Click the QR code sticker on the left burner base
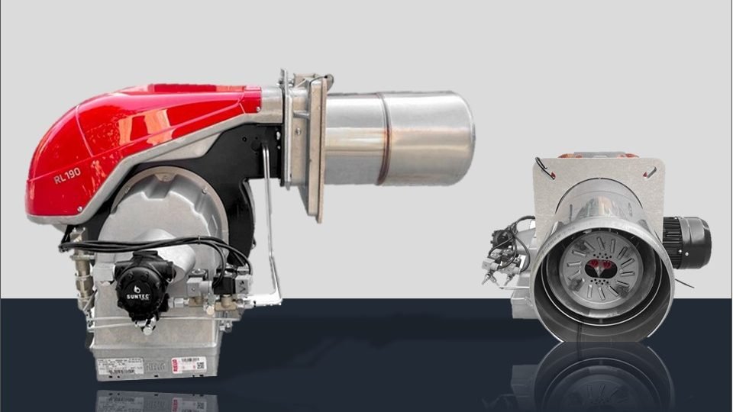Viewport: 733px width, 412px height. point(200,365)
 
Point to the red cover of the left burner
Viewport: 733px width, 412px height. point(137,137)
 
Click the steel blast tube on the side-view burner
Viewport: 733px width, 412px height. point(397,138)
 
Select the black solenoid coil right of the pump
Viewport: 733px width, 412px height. point(225,278)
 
